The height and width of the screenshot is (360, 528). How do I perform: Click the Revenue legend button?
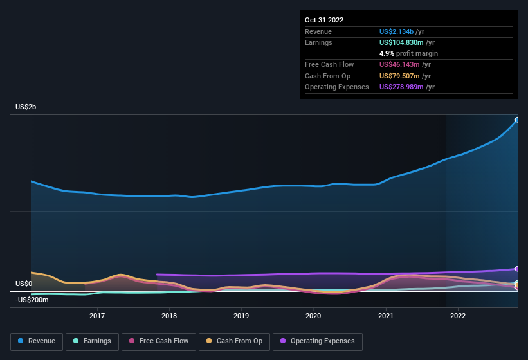tap(37, 341)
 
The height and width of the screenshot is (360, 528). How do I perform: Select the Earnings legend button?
tap(92, 341)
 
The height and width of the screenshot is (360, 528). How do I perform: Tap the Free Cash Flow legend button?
tap(159, 341)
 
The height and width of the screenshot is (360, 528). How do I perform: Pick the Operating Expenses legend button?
tap(318, 341)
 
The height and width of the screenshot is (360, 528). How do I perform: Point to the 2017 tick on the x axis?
tap(97, 316)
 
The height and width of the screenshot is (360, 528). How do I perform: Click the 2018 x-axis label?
tap(169, 316)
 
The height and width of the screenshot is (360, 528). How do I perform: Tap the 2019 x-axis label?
tap(241, 316)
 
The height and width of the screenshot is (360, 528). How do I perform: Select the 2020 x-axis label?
tap(313, 316)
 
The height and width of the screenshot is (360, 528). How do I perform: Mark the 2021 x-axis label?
tap(386, 316)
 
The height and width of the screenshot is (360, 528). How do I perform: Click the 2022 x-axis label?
tap(458, 316)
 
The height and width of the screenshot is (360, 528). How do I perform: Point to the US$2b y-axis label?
tap(26, 107)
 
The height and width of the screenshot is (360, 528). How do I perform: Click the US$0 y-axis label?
tap(24, 283)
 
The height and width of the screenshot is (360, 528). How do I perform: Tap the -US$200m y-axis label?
tap(33, 300)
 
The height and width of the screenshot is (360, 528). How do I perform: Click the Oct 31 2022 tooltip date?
tap(324, 20)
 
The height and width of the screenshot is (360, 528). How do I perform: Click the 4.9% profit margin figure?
tap(387, 53)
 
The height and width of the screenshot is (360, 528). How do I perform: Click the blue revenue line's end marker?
tap(517, 120)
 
